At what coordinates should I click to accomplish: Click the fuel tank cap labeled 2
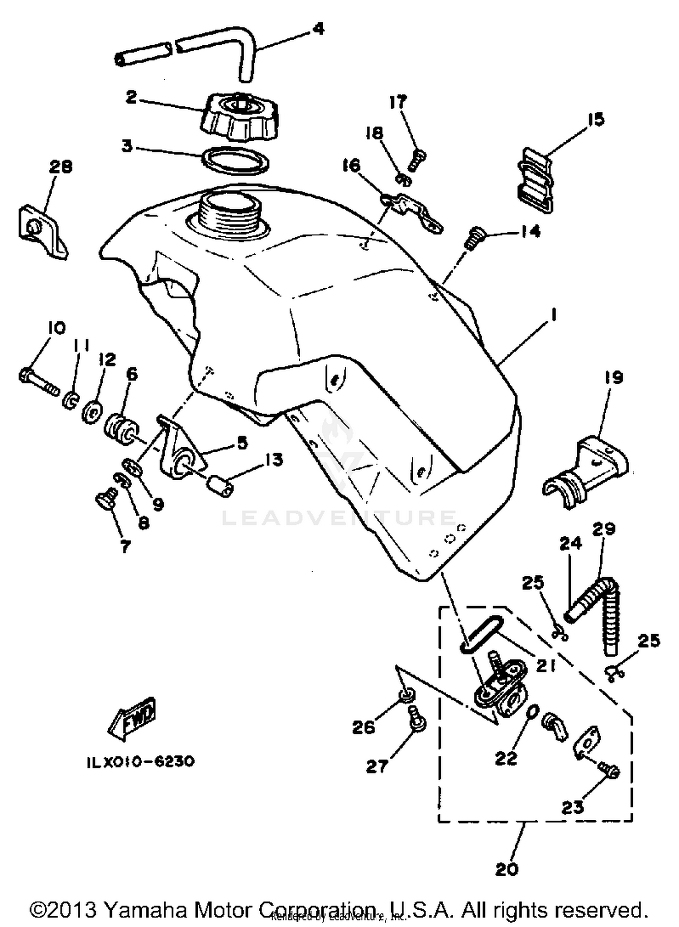tap(240, 119)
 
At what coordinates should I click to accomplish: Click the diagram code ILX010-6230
tap(140, 761)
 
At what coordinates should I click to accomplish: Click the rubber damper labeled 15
tap(535, 180)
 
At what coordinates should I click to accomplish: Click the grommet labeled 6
tap(120, 430)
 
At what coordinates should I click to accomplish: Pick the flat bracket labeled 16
tap(412, 211)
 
